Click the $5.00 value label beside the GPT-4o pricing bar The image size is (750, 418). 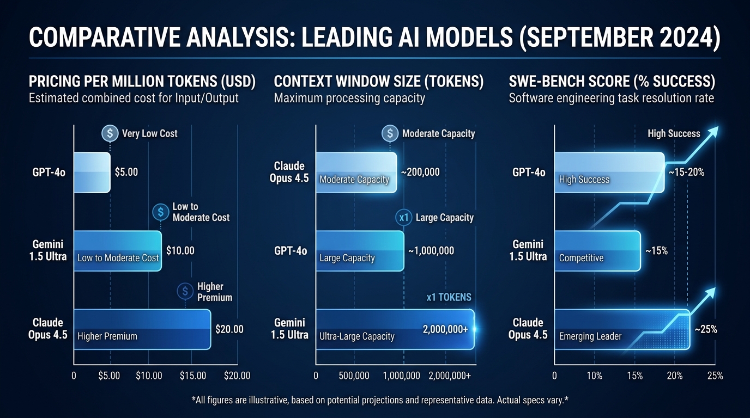tap(126, 173)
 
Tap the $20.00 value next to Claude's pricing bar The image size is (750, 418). tap(229, 329)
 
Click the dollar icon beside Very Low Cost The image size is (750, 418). tap(110, 133)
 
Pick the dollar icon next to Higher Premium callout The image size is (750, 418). tap(185, 292)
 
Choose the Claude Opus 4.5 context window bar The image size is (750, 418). tap(356, 173)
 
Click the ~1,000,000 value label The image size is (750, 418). tap(431, 251)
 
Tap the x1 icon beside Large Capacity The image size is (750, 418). tap(404, 218)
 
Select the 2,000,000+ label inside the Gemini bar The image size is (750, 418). tap(445, 329)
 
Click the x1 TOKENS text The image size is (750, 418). tap(449, 297)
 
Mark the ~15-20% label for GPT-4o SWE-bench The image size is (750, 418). tap(686, 173)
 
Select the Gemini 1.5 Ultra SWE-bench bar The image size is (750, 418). tap(597, 251)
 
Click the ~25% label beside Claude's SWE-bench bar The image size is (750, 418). tap(705, 329)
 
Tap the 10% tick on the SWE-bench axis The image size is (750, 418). tap(594, 376)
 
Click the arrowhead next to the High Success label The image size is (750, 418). tap(712, 132)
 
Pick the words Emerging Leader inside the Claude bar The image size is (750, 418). tap(590, 336)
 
